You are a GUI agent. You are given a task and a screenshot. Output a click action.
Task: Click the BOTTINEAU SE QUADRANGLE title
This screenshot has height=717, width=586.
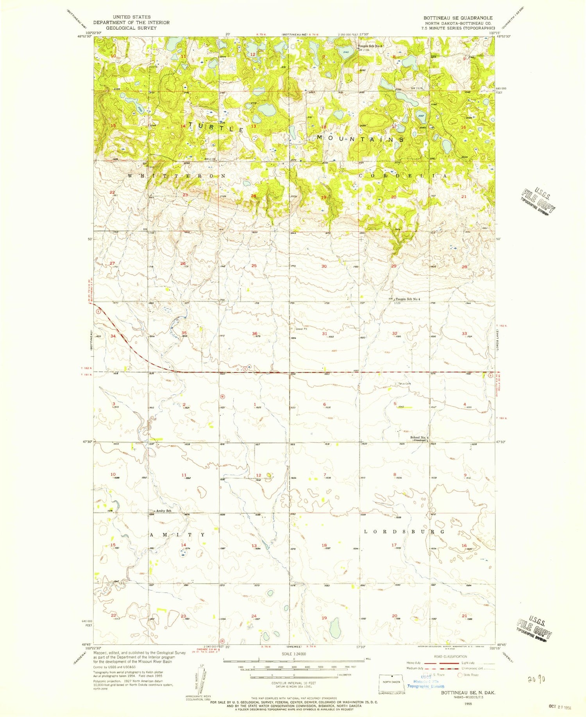(x=458, y=18)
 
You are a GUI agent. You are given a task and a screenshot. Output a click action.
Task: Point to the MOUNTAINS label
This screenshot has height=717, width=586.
(x=360, y=138)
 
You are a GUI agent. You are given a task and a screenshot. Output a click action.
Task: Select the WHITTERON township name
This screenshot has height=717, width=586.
(x=177, y=176)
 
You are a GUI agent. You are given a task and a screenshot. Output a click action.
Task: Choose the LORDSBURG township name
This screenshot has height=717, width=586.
(x=404, y=532)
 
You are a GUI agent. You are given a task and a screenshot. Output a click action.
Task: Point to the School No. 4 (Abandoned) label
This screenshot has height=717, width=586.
(x=419, y=439)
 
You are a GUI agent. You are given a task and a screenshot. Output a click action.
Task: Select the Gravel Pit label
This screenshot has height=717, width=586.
(x=301, y=329)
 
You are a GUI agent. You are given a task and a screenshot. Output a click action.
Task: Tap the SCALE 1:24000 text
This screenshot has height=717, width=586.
(x=294, y=653)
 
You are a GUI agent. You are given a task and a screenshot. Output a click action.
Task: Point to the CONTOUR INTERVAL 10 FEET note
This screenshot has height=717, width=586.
(x=294, y=683)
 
